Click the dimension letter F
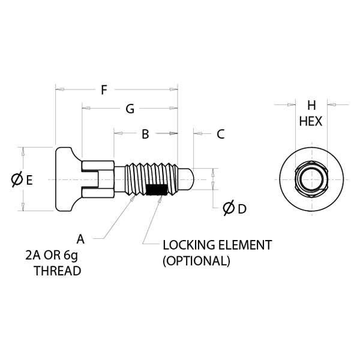tap(104, 90)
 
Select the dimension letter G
tap(130, 109)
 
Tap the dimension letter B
tap(145, 134)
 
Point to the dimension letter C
tap(221, 134)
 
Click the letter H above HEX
tap(311, 106)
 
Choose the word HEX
tap(311, 121)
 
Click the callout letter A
tap(80, 239)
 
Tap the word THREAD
tap(58, 271)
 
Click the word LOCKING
tap(189, 245)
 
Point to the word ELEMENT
tap(245, 245)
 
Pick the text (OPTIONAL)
tap(197, 261)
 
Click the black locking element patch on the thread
tap(157, 190)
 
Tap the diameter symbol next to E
tap(17, 179)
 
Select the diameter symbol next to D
tap(229, 208)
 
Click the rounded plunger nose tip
tap(193, 179)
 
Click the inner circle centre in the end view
tap(311, 179)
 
